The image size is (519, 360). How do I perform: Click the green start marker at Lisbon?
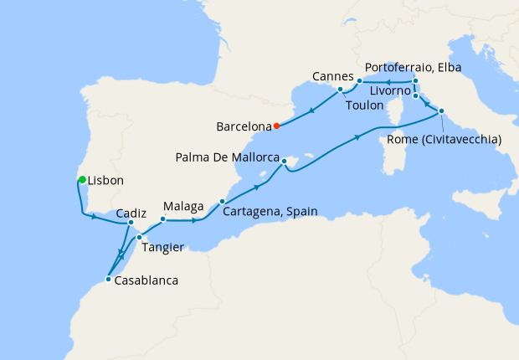(x=81, y=179)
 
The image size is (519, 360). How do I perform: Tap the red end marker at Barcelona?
(x=276, y=127)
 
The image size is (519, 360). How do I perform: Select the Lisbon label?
(x=106, y=180)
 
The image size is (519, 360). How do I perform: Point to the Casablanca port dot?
(x=108, y=279)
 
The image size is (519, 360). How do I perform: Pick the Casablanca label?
(x=146, y=280)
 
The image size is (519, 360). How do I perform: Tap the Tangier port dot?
(x=139, y=238)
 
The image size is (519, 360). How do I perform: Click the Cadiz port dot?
(x=131, y=223)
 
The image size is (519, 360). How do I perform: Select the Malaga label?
(x=184, y=205)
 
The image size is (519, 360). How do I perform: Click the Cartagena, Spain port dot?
(x=222, y=201)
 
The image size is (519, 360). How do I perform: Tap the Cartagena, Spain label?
(x=270, y=212)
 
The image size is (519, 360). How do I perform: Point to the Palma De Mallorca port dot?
(x=285, y=161)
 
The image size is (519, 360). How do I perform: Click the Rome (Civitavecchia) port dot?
(x=442, y=111)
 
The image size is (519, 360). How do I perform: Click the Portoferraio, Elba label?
(x=414, y=67)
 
